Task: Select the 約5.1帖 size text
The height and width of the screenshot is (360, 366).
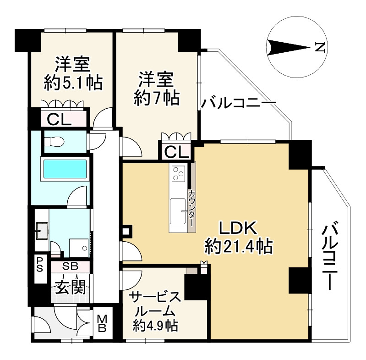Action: tap(73, 83)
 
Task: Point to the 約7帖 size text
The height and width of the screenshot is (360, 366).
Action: tap(156, 98)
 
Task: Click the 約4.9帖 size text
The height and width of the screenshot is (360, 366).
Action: tap(155, 325)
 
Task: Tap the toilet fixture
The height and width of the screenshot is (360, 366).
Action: tap(55, 141)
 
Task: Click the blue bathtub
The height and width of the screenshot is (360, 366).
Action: tap(65, 169)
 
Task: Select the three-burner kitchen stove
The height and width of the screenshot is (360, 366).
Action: tap(179, 173)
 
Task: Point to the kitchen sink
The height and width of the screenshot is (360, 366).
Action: tap(179, 211)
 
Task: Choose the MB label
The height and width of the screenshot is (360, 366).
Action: tap(102, 323)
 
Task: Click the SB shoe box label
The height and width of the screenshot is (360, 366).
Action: tap(70, 266)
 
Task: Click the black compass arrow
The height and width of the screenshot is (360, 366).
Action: tap(289, 48)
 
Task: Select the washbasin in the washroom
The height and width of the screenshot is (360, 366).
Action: tap(42, 231)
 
